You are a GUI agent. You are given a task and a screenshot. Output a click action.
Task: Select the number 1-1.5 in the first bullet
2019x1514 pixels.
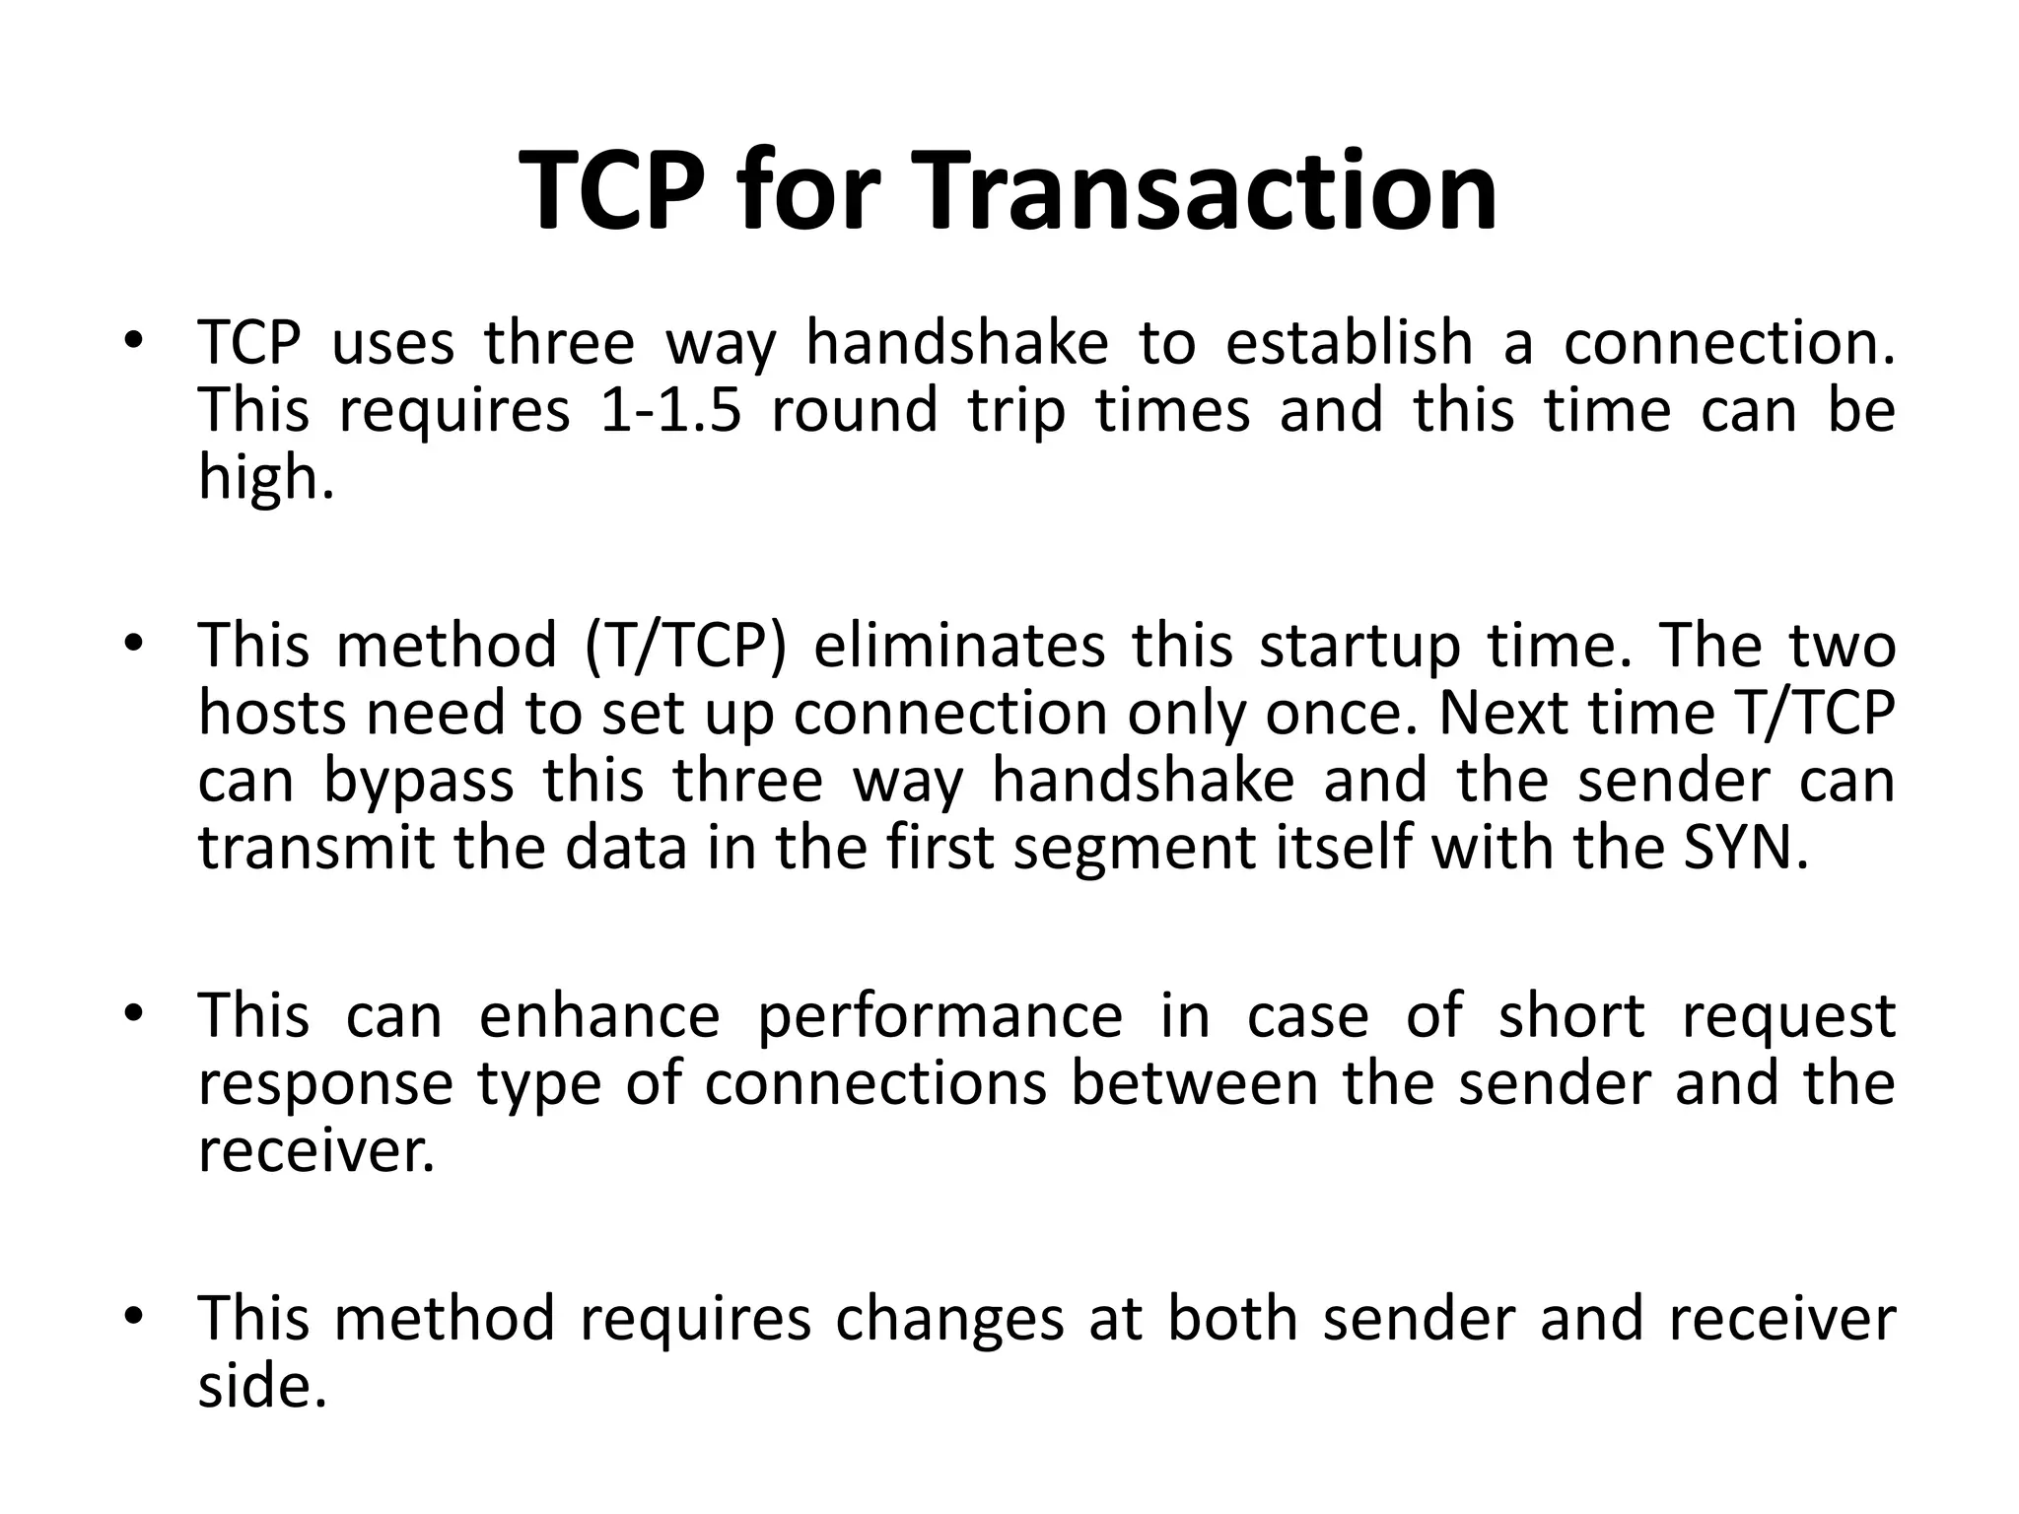point(669,410)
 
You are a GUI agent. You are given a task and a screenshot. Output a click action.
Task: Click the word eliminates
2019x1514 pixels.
point(960,647)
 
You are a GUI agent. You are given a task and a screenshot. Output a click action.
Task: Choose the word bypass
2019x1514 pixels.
point(419,782)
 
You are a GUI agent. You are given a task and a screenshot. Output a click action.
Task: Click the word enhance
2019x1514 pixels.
point(599,1016)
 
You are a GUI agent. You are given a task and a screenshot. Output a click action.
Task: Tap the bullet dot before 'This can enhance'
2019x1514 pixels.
point(135,1015)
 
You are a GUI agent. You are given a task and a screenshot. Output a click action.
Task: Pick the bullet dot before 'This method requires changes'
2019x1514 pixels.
point(135,1318)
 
